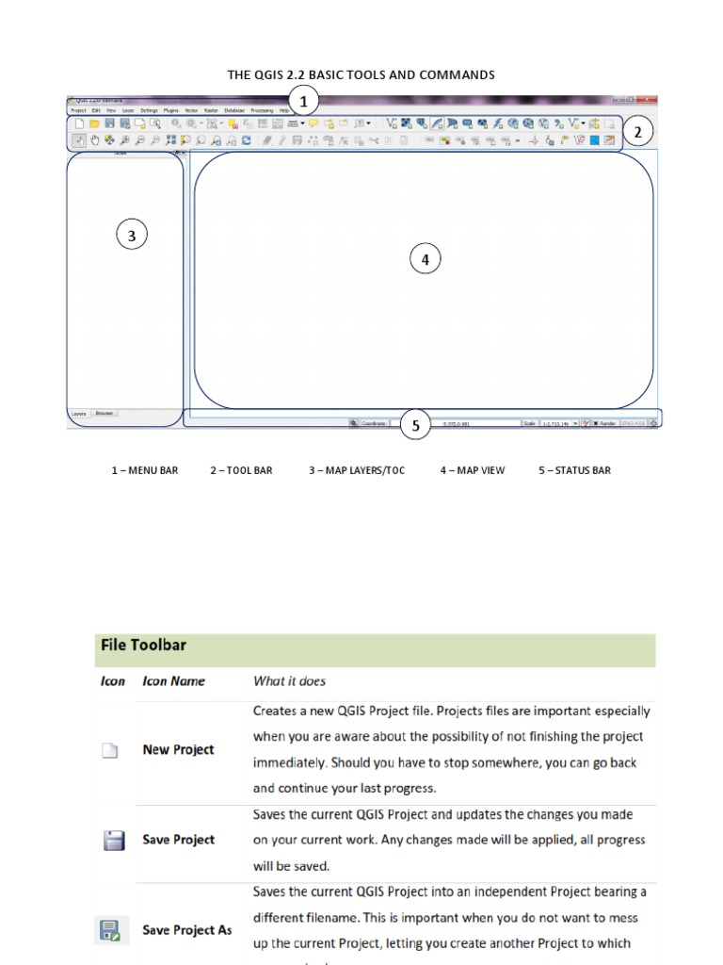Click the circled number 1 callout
303,101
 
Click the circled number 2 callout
637,133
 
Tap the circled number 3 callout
132,236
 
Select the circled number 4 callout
425,259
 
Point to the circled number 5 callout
415,426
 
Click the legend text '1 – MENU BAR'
144,470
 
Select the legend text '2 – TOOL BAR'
241,470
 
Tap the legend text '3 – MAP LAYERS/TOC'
357,470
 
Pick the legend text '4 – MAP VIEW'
473,470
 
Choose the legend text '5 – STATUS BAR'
574,470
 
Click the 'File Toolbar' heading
143,646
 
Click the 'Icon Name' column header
173,680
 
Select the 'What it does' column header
289,680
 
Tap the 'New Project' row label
178,750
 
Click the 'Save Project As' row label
186,930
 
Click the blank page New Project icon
111,751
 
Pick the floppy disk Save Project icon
113,841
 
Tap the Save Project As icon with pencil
108,931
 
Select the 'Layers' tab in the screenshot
79,413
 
